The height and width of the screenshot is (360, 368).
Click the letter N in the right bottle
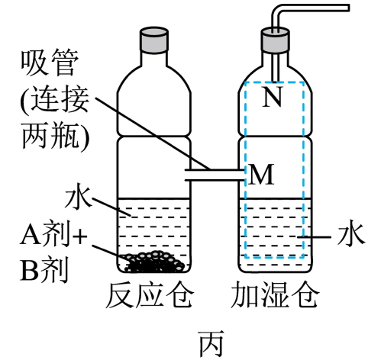(273, 96)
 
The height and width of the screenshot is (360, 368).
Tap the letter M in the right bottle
(261, 175)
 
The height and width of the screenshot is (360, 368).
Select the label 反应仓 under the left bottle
(150, 294)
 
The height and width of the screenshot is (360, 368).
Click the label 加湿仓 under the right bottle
(275, 294)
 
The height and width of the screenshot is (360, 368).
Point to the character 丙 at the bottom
(211, 343)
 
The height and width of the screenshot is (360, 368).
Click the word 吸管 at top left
(50, 63)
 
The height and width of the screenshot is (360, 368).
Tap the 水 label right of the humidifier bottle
(350, 234)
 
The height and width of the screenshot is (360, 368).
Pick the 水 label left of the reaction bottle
(78, 199)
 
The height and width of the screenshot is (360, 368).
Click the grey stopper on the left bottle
(154, 40)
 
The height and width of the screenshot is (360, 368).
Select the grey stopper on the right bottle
(276, 40)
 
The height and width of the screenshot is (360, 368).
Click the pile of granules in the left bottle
(153, 262)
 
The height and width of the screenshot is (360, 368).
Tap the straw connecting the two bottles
(215, 175)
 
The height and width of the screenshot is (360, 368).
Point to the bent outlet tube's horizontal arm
(314, 8)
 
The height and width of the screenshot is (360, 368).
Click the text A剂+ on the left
(53, 236)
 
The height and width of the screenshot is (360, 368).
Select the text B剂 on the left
(44, 269)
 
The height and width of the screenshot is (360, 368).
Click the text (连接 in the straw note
(54, 100)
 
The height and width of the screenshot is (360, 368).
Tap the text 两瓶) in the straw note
(56, 136)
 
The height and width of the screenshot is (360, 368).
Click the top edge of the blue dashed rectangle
(274, 82)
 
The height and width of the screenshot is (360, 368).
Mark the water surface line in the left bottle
(154, 198)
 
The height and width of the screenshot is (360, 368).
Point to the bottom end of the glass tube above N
(275, 82)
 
